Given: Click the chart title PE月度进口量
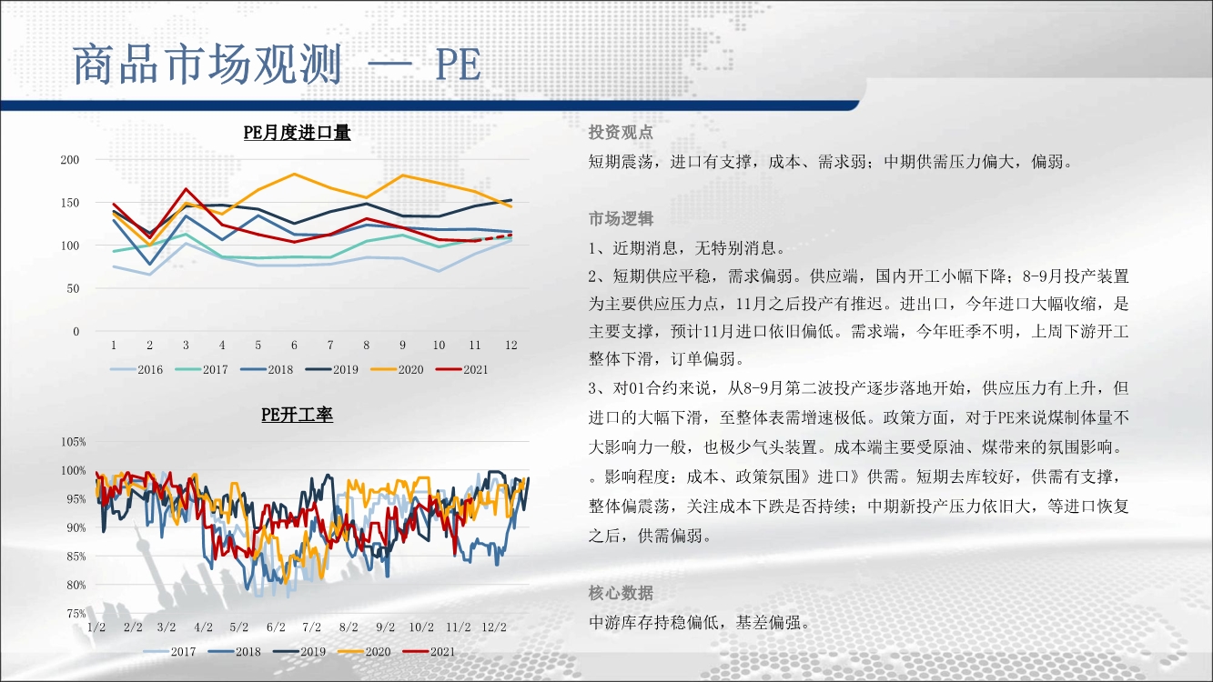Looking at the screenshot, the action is [x=297, y=133].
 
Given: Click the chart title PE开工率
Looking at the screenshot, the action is [x=297, y=415].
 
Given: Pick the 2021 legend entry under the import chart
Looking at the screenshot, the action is [x=462, y=370].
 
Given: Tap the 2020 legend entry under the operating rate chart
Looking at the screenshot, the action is [x=364, y=652].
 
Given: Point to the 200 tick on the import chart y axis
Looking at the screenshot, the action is [x=70, y=160].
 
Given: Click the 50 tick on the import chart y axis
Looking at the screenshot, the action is [x=73, y=288].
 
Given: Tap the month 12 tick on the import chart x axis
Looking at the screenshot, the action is [x=510, y=346].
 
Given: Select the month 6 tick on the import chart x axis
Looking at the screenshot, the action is [x=294, y=346].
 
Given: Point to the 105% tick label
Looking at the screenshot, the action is [x=73, y=442].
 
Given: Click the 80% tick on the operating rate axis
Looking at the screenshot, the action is [x=76, y=585].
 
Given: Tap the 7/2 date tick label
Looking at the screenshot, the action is [x=312, y=627].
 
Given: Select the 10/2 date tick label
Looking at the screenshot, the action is [x=421, y=627].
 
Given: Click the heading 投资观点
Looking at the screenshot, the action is [x=621, y=133].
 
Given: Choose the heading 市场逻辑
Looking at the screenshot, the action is [x=621, y=218].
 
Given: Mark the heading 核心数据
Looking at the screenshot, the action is [x=621, y=593].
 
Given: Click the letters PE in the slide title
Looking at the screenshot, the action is [x=458, y=65].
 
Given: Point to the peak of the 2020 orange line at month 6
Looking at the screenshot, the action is [x=294, y=174].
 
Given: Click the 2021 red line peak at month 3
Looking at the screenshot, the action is [x=186, y=189].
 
